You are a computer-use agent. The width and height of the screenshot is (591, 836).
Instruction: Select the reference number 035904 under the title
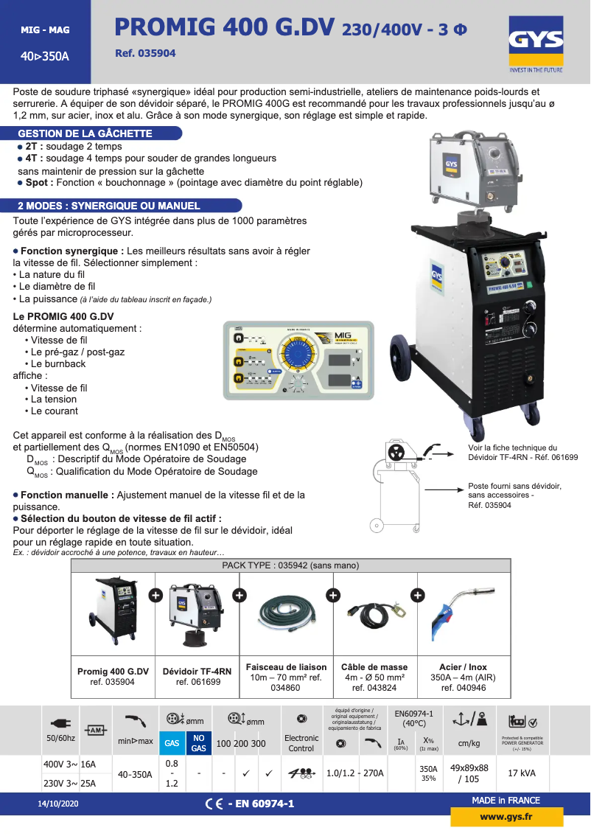pos(146,54)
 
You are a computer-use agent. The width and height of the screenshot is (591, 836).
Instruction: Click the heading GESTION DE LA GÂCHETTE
pos(85,133)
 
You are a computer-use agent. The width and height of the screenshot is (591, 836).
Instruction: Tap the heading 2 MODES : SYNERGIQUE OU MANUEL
pos(108,206)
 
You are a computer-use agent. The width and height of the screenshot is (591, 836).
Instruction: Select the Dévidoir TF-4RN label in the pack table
pos(197,672)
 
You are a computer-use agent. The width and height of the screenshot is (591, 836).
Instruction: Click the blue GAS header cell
pos(172,743)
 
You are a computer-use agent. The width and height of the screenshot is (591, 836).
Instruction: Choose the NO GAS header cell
pos(198,742)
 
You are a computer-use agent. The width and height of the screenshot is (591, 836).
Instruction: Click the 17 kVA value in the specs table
pos(522,773)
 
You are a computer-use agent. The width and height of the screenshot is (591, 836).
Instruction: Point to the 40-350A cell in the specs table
pos(136,774)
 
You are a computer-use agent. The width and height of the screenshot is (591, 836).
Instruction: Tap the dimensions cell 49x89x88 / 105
pos(469,773)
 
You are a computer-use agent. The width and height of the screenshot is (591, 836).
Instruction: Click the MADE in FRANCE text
pos(506,801)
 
